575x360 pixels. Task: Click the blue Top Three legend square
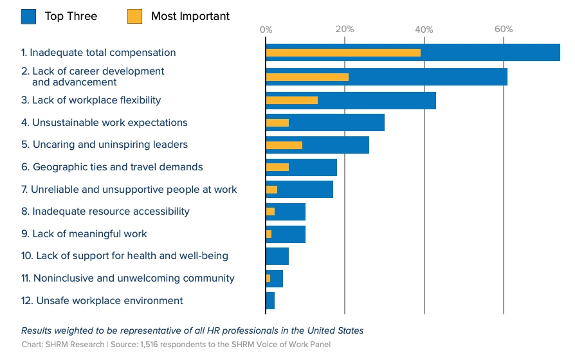(28, 17)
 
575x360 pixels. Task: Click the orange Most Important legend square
(134, 17)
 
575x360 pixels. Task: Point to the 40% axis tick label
(424, 30)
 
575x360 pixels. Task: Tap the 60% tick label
(504, 29)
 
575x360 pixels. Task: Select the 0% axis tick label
(266, 30)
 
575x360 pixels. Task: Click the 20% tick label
(345, 29)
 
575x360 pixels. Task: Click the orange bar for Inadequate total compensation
(343, 53)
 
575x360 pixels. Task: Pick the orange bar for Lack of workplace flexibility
(292, 100)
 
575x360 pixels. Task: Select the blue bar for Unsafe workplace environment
(270, 301)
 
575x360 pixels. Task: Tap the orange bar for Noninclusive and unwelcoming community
(268, 278)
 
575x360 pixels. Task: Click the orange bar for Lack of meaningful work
(269, 234)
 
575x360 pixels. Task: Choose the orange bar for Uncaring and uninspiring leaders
(284, 145)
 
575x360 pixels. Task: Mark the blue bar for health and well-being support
(277, 256)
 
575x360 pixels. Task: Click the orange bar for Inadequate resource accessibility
(270, 212)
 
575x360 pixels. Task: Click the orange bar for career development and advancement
(307, 77)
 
